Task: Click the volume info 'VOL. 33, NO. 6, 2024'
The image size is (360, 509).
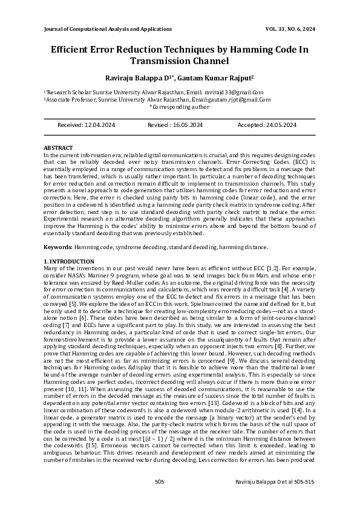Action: [290, 28]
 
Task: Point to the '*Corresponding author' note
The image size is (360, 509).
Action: [180, 106]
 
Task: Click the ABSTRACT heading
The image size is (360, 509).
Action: [58, 148]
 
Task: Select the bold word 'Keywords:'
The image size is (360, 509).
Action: [58, 247]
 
